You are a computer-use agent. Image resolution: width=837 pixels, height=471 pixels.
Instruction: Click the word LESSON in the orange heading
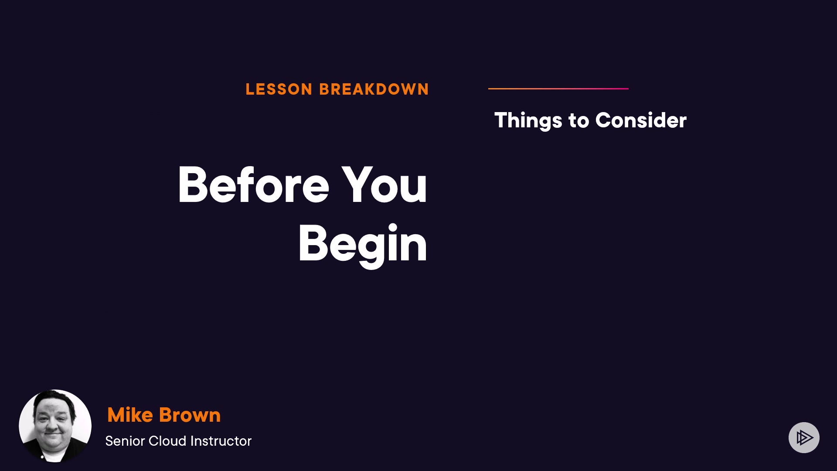pos(279,89)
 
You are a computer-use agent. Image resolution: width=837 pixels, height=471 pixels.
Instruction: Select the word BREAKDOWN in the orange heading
pos(374,89)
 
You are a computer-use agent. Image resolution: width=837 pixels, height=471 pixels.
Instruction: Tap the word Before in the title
pos(253,185)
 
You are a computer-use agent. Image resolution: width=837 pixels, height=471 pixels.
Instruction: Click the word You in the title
pos(384,185)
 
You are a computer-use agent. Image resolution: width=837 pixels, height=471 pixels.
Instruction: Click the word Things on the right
pos(528,120)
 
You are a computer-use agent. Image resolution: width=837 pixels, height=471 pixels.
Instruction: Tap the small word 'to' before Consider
pos(579,121)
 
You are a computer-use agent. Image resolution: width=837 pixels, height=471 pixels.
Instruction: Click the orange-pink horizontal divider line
pos(558,89)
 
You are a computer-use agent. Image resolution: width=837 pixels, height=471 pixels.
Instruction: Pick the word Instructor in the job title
pos(221,441)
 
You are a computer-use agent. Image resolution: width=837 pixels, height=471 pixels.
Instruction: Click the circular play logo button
pos(804,437)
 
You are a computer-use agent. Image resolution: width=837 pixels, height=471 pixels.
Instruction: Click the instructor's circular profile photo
pos(55,426)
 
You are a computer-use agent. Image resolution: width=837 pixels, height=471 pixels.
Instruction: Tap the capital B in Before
pos(194,185)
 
